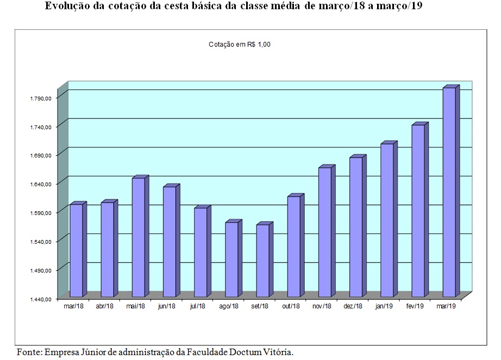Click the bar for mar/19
pos(449,192)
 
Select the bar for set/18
pos(262,261)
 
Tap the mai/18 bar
pos(139,237)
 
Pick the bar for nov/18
pos(324,232)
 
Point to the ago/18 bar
pos(231,260)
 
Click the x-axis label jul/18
pos(198,307)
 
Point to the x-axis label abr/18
pos(105,307)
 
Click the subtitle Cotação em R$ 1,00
pos(240,45)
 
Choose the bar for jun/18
pos(170,242)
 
